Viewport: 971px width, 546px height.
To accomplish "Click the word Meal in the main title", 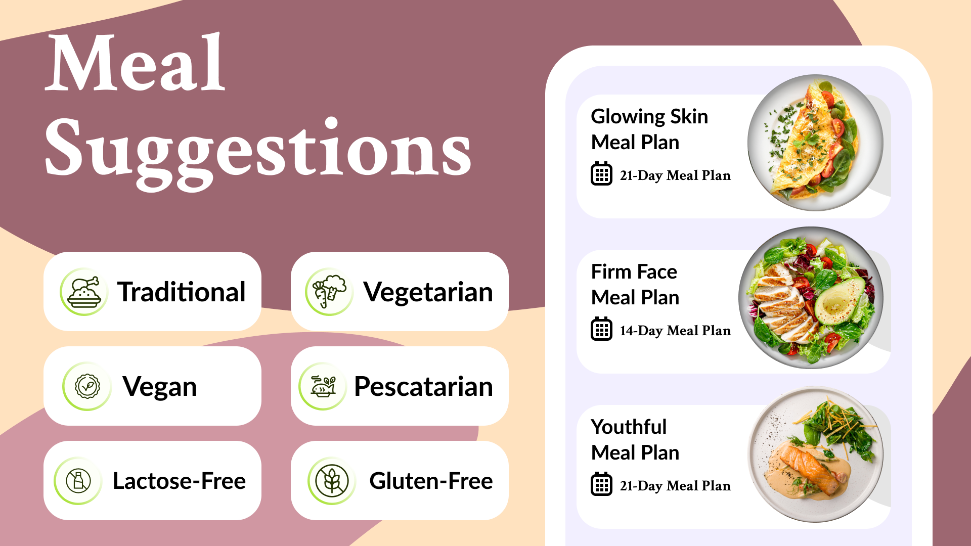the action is pos(136,63).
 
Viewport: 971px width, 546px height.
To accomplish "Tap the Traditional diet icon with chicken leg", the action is pos(84,292).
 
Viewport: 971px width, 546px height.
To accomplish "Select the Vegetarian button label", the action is pos(428,292).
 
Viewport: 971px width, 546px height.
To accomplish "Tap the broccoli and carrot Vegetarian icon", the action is pos(329,292).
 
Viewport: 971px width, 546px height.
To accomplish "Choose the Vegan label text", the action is pos(160,387).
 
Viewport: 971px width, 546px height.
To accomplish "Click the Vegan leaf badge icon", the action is pos(87,386).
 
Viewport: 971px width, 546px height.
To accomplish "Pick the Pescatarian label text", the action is pos(424,387).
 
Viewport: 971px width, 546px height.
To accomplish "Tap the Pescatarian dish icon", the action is pos(323,386).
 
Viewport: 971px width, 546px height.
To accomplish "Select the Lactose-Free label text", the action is pos(180,481).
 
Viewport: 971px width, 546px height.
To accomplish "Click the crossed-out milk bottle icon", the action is pos(78,481).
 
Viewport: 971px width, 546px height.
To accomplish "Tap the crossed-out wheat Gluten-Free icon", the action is pos(332,481).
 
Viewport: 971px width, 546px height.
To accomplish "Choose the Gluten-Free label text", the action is pos(431,481).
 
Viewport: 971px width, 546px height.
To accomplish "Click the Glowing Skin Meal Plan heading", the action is pos(649,129).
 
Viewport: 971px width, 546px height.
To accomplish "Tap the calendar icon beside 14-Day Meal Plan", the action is pos(602,329).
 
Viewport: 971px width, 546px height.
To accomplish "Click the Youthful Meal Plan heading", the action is pos(635,440).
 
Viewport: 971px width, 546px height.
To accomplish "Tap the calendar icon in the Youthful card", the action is pos(602,484).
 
